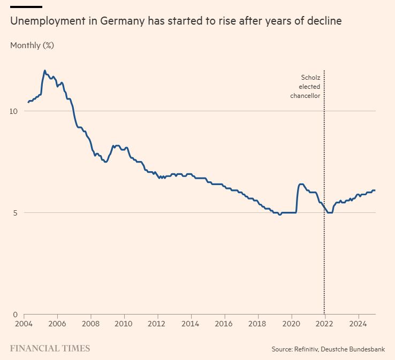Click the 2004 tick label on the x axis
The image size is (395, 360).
pos(24,324)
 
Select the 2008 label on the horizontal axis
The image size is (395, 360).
pos(90,324)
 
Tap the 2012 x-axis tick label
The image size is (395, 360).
pos(157,324)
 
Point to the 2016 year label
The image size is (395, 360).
pos(224,324)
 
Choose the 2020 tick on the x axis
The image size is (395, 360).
pos(291,324)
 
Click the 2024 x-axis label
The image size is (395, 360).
pos(358,324)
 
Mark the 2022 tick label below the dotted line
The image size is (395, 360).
pos(324,324)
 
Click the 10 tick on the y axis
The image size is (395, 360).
pos(14,111)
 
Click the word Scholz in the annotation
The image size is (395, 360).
pos(310,78)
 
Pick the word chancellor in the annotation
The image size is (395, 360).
pos(305,96)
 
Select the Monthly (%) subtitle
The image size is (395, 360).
pos(32,45)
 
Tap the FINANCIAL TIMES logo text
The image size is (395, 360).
pos(50,348)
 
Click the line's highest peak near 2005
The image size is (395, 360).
pos(45,71)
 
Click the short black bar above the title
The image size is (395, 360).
pos(26,7)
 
